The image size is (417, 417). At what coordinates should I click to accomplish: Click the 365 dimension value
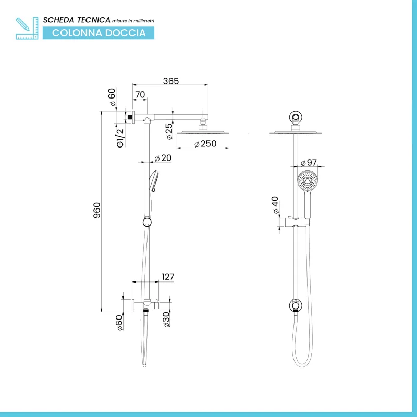click(171, 81)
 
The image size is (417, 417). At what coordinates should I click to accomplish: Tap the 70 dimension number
click(140, 95)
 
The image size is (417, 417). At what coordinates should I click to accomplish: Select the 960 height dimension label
click(97, 210)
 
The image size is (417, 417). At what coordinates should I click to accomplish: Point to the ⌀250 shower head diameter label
click(205, 144)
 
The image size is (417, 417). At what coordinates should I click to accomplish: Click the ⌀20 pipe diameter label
click(163, 158)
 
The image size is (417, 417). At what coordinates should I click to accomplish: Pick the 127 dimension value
click(168, 277)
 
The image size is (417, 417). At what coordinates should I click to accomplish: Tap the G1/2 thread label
click(120, 138)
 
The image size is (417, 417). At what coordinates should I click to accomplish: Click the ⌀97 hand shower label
click(309, 163)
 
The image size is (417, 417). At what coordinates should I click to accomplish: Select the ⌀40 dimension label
click(275, 205)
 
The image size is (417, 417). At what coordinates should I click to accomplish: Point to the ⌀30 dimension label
click(166, 320)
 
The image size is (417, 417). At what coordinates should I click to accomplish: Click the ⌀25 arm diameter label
click(169, 131)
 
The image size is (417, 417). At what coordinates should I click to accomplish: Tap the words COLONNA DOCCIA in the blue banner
click(99, 33)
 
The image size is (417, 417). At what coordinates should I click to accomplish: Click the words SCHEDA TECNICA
click(77, 20)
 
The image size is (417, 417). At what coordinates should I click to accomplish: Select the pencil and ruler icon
click(27, 28)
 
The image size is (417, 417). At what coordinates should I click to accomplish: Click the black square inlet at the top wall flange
click(130, 117)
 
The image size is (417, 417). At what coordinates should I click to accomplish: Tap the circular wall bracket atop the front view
click(296, 117)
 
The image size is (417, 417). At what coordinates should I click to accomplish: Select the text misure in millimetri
click(133, 21)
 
